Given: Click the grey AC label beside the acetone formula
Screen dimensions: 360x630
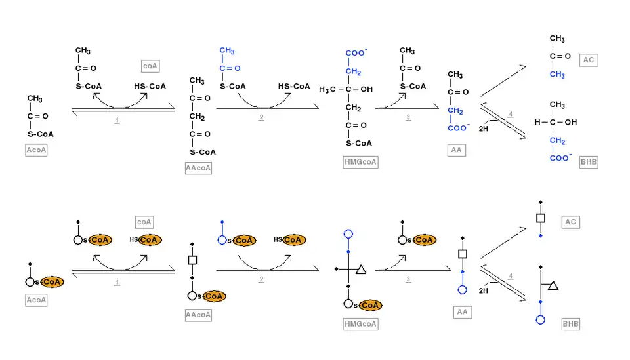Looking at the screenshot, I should pos(588,60).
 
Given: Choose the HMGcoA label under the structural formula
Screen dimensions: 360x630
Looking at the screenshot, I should pos(361,162).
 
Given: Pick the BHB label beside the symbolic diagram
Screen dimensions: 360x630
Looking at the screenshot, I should pos(571,324).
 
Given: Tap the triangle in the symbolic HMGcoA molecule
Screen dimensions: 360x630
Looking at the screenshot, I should pos(360,269).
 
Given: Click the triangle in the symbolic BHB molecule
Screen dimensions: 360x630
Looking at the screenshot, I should pos(553,285).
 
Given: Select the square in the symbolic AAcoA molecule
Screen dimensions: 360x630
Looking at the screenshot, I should pos(192,260).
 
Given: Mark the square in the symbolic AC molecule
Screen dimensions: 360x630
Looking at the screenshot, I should pos(541,218).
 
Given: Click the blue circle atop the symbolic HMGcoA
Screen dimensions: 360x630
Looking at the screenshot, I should pos(348,233).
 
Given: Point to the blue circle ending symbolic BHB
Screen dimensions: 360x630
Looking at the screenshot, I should pos(540,320).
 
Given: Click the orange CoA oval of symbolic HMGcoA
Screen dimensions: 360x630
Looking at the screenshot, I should pos(371,305).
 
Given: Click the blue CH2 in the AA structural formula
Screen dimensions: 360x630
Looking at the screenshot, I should pos(455,111).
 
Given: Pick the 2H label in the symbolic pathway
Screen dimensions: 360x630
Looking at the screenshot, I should pos(483,290).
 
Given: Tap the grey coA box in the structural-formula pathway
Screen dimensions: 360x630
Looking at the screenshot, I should pos(150,66).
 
